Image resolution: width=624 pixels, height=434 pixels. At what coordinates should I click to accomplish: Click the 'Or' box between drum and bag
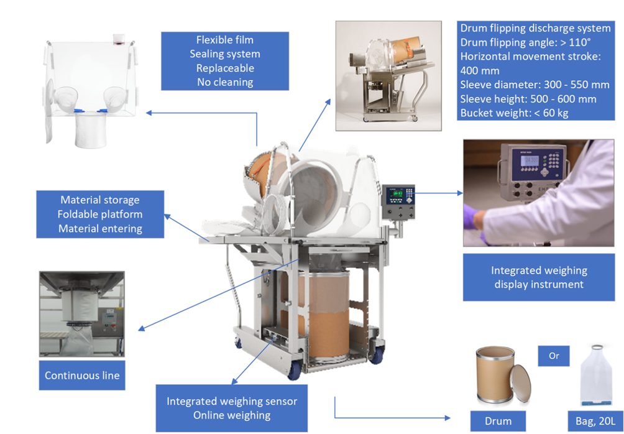(554, 356)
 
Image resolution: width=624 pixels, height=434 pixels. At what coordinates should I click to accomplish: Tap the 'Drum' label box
(498, 421)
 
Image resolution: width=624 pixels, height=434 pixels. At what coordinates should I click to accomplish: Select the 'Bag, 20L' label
(595, 421)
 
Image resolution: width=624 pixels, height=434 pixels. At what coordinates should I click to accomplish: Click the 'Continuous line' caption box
(82, 375)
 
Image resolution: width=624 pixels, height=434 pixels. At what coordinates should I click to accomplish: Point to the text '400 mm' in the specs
(480, 70)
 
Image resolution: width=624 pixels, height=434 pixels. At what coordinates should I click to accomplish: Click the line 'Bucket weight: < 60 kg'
(514, 113)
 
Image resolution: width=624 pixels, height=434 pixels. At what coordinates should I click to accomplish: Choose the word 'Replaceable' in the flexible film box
(225, 68)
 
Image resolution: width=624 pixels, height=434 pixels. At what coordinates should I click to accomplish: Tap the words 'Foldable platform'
(100, 215)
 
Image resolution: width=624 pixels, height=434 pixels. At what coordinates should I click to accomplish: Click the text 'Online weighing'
(232, 415)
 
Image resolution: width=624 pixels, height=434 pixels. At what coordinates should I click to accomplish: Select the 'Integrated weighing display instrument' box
(539, 277)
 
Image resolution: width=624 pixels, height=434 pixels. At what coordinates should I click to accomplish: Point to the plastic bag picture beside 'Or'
(596, 376)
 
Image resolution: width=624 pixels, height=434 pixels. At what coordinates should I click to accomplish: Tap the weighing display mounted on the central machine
(398, 201)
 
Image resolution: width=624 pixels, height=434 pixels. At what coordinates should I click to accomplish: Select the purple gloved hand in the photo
(475, 225)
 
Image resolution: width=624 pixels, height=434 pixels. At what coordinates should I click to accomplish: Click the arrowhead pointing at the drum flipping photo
(328, 103)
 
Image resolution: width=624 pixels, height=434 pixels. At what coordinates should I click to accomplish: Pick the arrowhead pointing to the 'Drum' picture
(447, 418)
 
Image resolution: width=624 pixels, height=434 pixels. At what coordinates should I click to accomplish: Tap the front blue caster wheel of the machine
(294, 372)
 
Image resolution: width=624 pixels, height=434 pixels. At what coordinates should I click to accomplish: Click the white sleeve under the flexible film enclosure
(91, 130)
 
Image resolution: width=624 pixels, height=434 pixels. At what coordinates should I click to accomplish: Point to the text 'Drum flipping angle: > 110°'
(525, 42)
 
